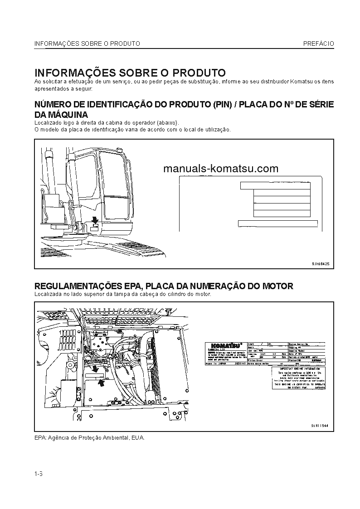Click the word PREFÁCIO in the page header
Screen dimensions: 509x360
(x=319, y=44)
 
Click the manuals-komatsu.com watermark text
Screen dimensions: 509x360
(x=220, y=169)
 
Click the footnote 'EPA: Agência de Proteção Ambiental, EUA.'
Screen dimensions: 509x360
(x=89, y=438)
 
